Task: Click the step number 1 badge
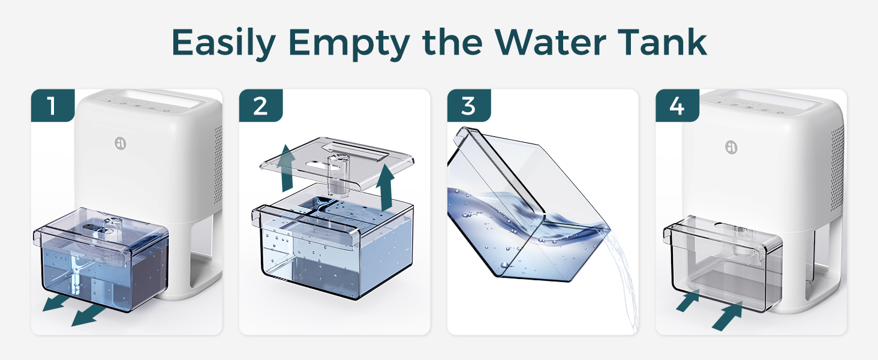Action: coord(52,106)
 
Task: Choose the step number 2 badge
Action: coord(260,106)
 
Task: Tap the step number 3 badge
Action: coord(468,106)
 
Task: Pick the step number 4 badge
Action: coord(676,106)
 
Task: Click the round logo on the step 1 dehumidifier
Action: coord(121,143)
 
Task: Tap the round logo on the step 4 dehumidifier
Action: coord(731,146)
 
